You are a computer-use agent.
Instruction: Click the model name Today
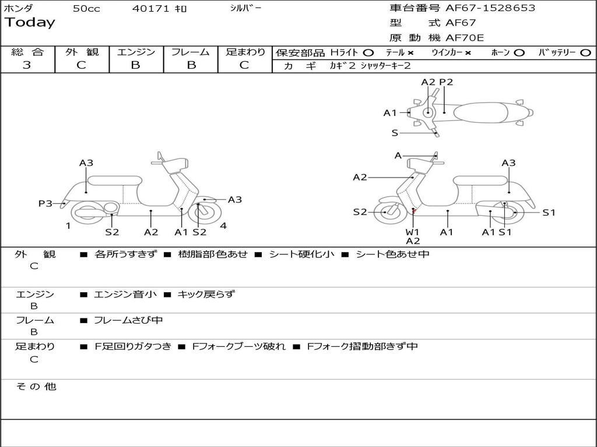pyautogui.click(x=30, y=23)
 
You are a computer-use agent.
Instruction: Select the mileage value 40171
pyautogui.click(x=150, y=8)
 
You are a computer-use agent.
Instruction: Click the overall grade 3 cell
pyautogui.click(x=27, y=65)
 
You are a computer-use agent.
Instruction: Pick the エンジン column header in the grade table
pyautogui.click(x=136, y=52)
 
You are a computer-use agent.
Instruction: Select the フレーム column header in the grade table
pyautogui.click(x=191, y=52)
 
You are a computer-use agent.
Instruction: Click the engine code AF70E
pyautogui.click(x=465, y=38)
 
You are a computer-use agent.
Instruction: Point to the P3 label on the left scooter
pyautogui.click(x=45, y=203)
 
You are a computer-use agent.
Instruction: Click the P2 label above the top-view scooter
pyautogui.click(x=446, y=82)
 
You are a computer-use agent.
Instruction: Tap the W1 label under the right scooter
pyautogui.click(x=413, y=232)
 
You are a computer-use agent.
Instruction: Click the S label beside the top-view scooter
pyautogui.click(x=395, y=133)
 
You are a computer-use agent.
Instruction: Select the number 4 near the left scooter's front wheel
pyautogui.click(x=223, y=226)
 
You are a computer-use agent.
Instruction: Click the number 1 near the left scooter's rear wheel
pyautogui.click(x=68, y=226)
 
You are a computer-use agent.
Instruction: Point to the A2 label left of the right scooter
pyautogui.click(x=360, y=177)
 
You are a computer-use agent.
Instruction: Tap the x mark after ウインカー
pyautogui.click(x=468, y=52)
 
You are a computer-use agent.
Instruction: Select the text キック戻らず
pyautogui.click(x=206, y=294)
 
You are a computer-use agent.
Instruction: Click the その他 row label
pyautogui.click(x=36, y=386)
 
